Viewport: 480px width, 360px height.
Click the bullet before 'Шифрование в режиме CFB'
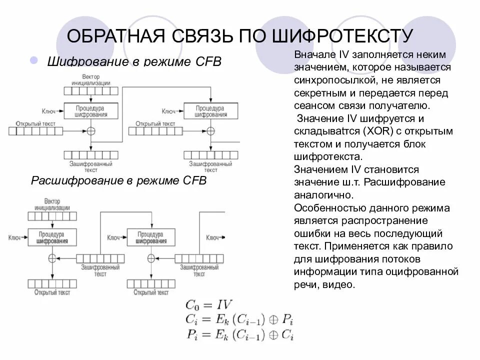[34, 60]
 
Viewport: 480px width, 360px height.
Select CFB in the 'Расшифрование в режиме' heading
[194, 180]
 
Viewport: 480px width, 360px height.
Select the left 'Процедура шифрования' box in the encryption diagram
[91, 111]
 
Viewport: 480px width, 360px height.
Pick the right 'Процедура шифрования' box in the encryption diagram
[210, 111]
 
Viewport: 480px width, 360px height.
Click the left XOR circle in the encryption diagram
[91, 131]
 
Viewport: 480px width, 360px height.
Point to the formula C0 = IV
[208, 304]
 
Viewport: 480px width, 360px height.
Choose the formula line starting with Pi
[239, 335]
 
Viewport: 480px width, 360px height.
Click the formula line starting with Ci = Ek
[239, 319]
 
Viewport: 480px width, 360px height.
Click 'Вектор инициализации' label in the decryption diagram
[52, 204]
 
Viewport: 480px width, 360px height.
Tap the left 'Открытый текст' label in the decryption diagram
[52, 292]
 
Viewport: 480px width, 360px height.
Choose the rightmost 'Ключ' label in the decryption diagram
[213, 238]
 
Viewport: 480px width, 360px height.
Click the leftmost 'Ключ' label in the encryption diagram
[48, 111]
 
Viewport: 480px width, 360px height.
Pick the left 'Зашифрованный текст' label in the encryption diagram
[91, 166]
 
